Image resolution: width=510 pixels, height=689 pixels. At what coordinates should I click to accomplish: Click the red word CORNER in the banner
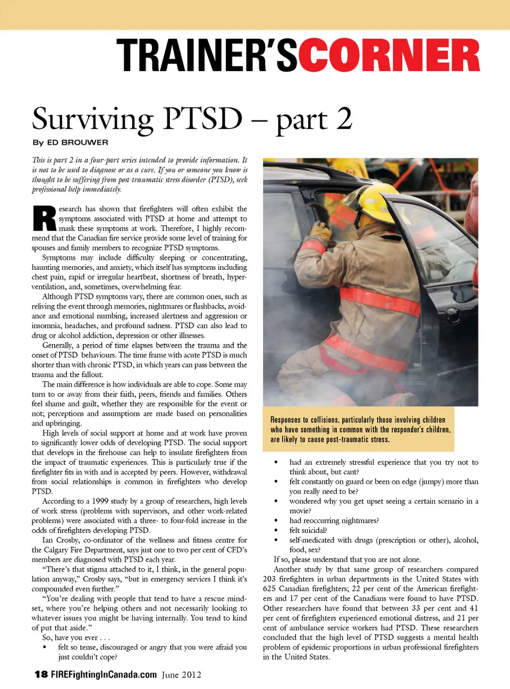click(x=389, y=56)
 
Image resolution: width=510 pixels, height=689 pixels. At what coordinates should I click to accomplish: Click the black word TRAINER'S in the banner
click(x=206, y=56)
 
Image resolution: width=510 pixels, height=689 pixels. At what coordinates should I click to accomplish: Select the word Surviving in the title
click(x=92, y=119)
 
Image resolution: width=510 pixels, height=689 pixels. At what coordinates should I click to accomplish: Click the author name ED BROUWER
click(x=78, y=142)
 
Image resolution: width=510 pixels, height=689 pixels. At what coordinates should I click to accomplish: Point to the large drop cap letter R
click(x=44, y=219)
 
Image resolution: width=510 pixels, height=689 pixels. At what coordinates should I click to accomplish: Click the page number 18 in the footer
click(x=41, y=675)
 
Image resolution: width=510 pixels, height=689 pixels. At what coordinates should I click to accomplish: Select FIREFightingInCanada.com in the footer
click(x=104, y=675)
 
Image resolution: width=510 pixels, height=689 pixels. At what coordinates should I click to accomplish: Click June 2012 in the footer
click(x=182, y=675)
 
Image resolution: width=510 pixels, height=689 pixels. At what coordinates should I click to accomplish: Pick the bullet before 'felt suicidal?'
click(x=276, y=530)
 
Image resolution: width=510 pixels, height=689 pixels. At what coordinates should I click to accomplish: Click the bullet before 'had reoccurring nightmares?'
click(x=276, y=521)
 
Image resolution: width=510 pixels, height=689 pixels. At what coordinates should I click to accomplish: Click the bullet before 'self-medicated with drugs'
click(x=276, y=540)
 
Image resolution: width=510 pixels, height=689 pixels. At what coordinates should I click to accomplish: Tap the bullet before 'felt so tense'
click(x=45, y=648)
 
